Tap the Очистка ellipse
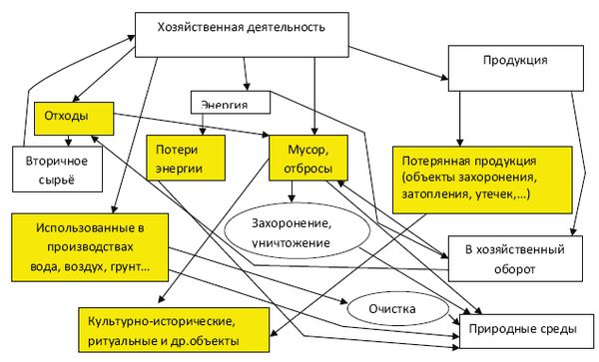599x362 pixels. click(386, 308)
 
